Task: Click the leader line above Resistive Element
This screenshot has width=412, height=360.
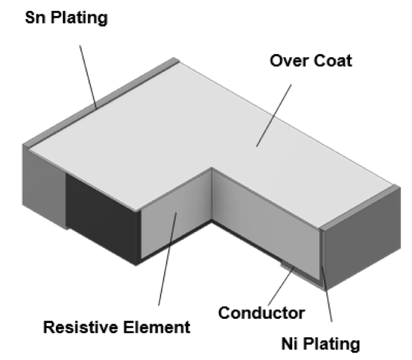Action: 168,258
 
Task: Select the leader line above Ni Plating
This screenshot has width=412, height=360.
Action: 327,289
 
